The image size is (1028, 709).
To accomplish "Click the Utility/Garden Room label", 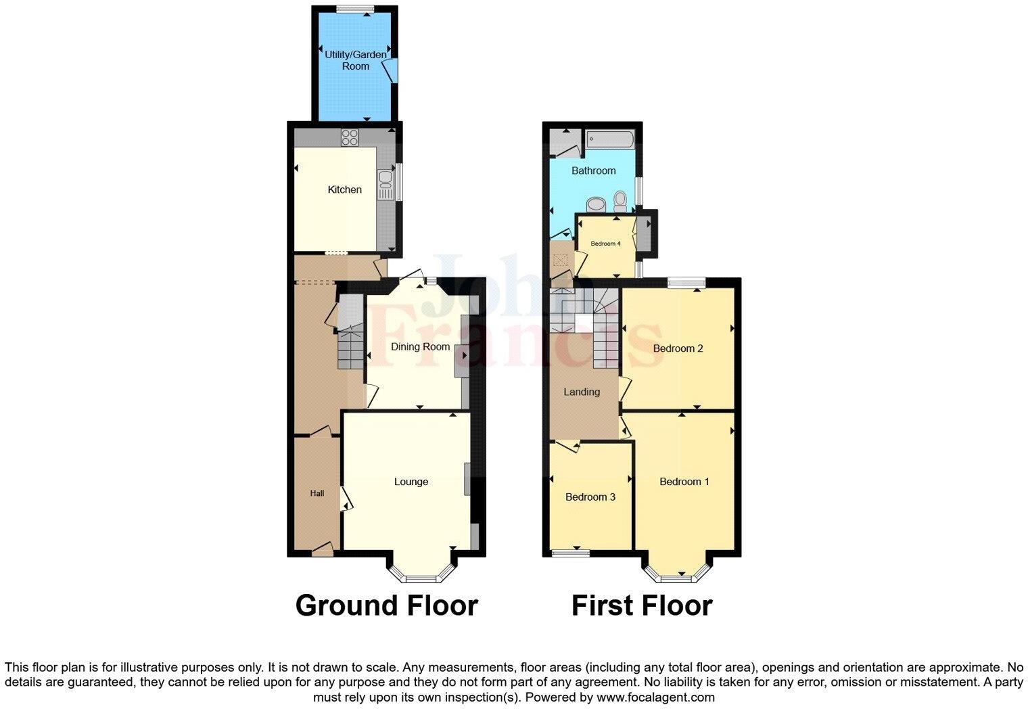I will [x=356, y=60].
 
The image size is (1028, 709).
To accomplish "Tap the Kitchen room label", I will [x=345, y=189].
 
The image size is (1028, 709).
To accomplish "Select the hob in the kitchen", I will [x=350, y=137].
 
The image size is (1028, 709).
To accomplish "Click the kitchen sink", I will [x=385, y=179].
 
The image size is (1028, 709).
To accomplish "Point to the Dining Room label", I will [x=420, y=346].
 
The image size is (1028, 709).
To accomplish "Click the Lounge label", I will [x=411, y=482].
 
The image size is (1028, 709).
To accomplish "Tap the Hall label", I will [x=317, y=493].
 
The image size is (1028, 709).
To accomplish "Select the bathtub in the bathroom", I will [x=610, y=139].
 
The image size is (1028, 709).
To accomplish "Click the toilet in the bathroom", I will [x=620, y=201].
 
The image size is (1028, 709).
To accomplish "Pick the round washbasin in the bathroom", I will [x=596, y=204].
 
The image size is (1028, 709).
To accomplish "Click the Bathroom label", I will [x=594, y=170].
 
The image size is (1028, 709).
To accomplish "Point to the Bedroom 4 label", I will [x=605, y=244].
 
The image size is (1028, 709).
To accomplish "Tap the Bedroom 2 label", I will [x=678, y=348].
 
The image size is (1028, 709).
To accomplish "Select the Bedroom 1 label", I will [x=684, y=482].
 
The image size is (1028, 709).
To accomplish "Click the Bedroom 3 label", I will [x=590, y=497].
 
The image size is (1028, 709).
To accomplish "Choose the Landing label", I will [x=582, y=392].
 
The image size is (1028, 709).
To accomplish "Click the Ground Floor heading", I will [x=386, y=605].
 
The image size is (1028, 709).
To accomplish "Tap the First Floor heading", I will [x=642, y=605].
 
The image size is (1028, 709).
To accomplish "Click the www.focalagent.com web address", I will [x=655, y=697].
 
